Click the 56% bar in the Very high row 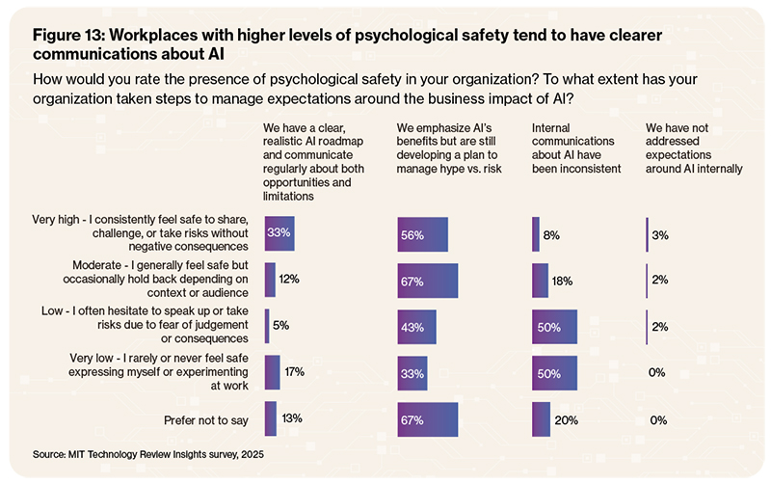pos(422,234)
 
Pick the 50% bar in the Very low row pos(554,373)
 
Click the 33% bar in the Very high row pos(279,233)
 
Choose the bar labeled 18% pos(540,281)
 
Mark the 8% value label pos(551,234)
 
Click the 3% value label pos(660,234)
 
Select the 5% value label pos(281,326)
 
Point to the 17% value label pos(295,372)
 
